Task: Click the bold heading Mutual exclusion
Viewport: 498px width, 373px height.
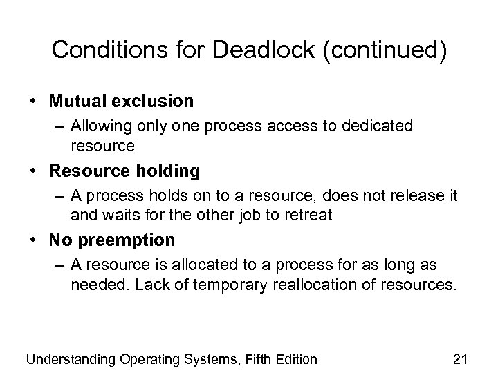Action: click(x=121, y=101)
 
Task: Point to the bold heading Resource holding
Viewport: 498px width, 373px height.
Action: click(x=124, y=170)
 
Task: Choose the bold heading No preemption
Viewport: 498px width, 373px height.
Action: click(x=112, y=240)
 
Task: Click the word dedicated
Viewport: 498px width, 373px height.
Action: click(x=378, y=126)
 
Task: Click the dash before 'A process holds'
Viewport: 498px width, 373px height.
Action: click(x=59, y=196)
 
